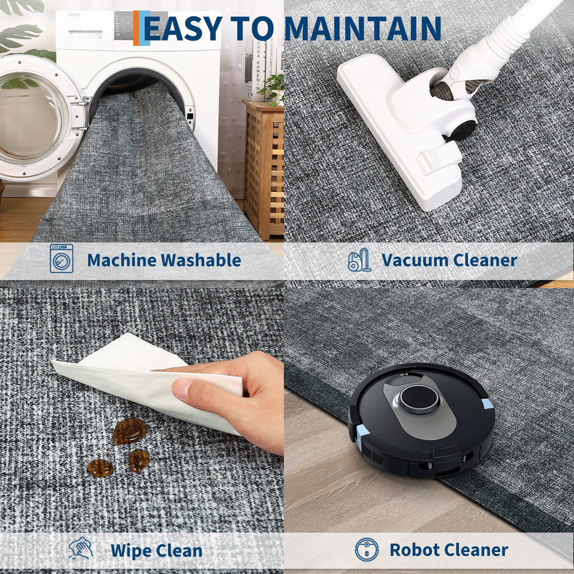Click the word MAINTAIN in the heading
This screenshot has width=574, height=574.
363,29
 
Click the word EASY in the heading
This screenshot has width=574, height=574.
183,29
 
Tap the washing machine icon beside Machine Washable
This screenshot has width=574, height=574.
61,258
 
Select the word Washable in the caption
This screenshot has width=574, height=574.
201,260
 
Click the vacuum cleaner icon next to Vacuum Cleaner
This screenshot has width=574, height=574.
360,260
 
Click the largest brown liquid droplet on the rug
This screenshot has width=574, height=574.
130,431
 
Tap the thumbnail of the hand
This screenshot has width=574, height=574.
181,388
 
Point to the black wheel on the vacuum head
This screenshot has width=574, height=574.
461,130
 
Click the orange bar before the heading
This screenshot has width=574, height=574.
136,28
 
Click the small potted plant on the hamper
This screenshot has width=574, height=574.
273,90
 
